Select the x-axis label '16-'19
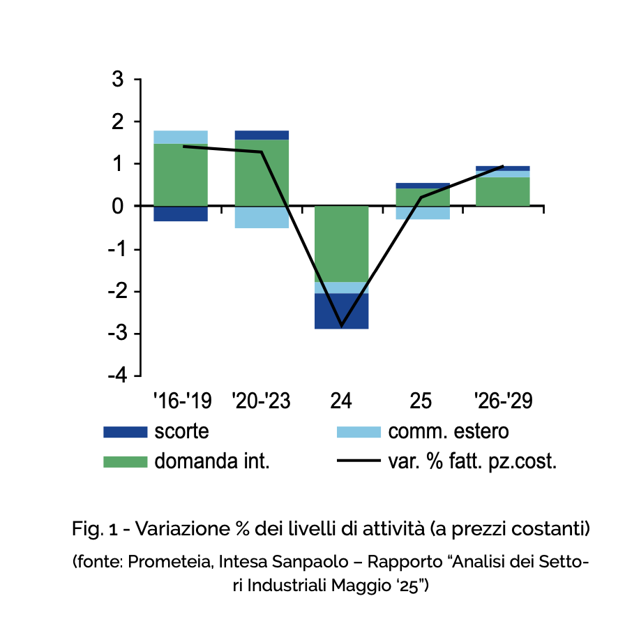(x=181, y=401)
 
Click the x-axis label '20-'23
(x=261, y=401)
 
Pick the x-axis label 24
(x=341, y=401)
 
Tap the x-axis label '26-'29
(x=503, y=401)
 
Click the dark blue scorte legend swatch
(x=126, y=432)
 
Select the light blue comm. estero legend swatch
(x=359, y=432)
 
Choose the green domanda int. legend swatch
(x=126, y=461)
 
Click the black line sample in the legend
(x=359, y=461)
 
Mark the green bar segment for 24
(x=342, y=244)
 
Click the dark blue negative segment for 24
(x=342, y=311)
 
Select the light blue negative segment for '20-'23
(x=262, y=217)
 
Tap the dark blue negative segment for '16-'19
(x=181, y=214)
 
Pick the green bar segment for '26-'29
(x=503, y=192)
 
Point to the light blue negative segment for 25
(x=423, y=213)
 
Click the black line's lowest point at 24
(x=342, y=326)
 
